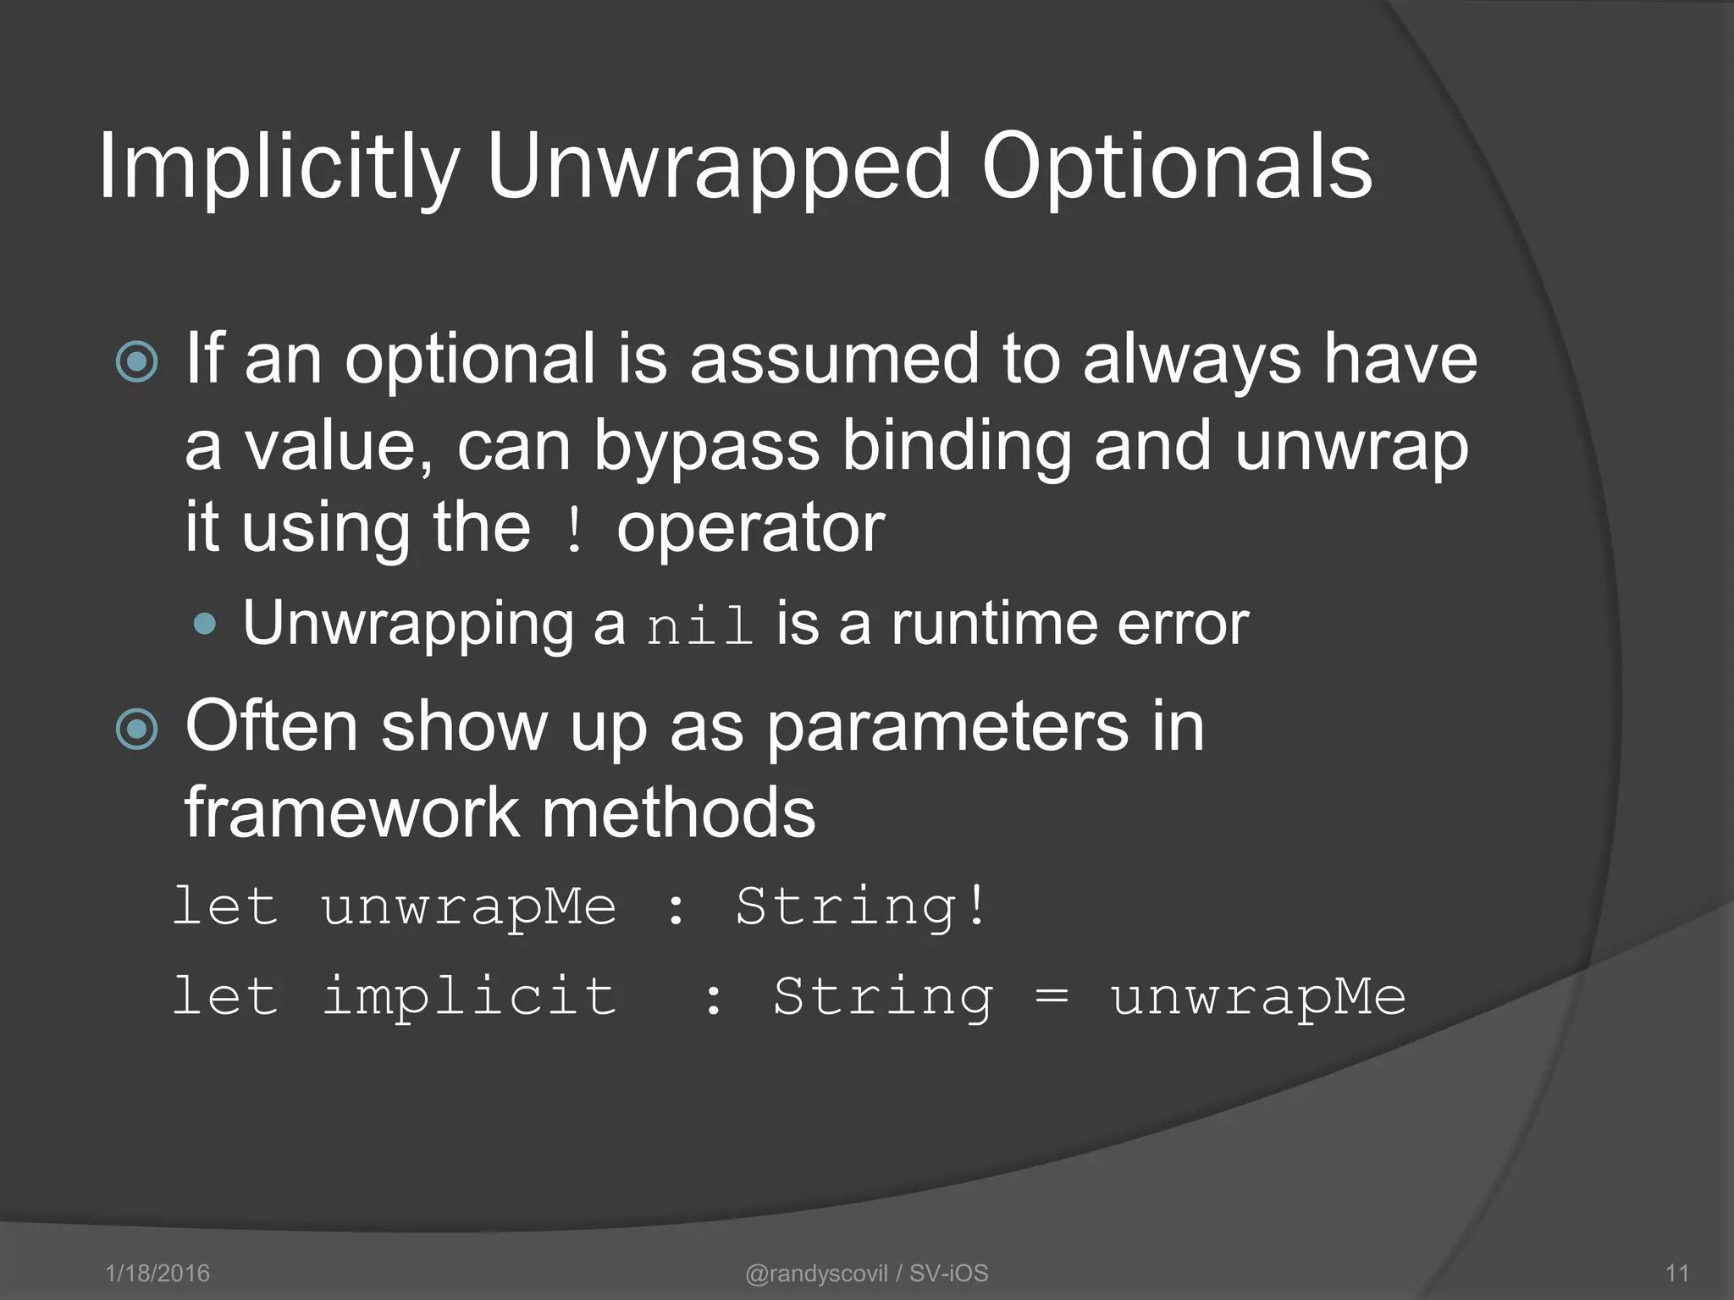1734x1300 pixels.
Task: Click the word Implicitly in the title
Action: [x=279, y=168]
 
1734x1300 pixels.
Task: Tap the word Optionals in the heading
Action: [x=1176, y=168]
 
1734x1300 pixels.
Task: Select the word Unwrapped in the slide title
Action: [x=720, y=168]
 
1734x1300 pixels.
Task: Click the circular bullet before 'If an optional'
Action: [x=136, y=361]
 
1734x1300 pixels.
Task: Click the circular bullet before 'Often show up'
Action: [x=136, y=729]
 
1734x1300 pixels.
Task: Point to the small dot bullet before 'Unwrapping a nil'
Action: [x=204, y=625]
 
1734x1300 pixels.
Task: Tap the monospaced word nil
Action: [x=699, y=627]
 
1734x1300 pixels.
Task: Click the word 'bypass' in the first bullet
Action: [x=705, y=446]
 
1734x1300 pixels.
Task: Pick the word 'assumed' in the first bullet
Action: [x=834, y=359]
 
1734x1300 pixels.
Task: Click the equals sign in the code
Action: [x=1052, y=997]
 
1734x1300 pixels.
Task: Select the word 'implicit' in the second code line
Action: [x=469, y=997]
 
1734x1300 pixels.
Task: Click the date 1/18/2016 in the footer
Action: [x=157, y=1273]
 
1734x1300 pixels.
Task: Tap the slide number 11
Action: [x=1676, y=1273]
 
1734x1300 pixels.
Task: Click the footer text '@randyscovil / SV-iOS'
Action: [x=866, y=1273]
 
